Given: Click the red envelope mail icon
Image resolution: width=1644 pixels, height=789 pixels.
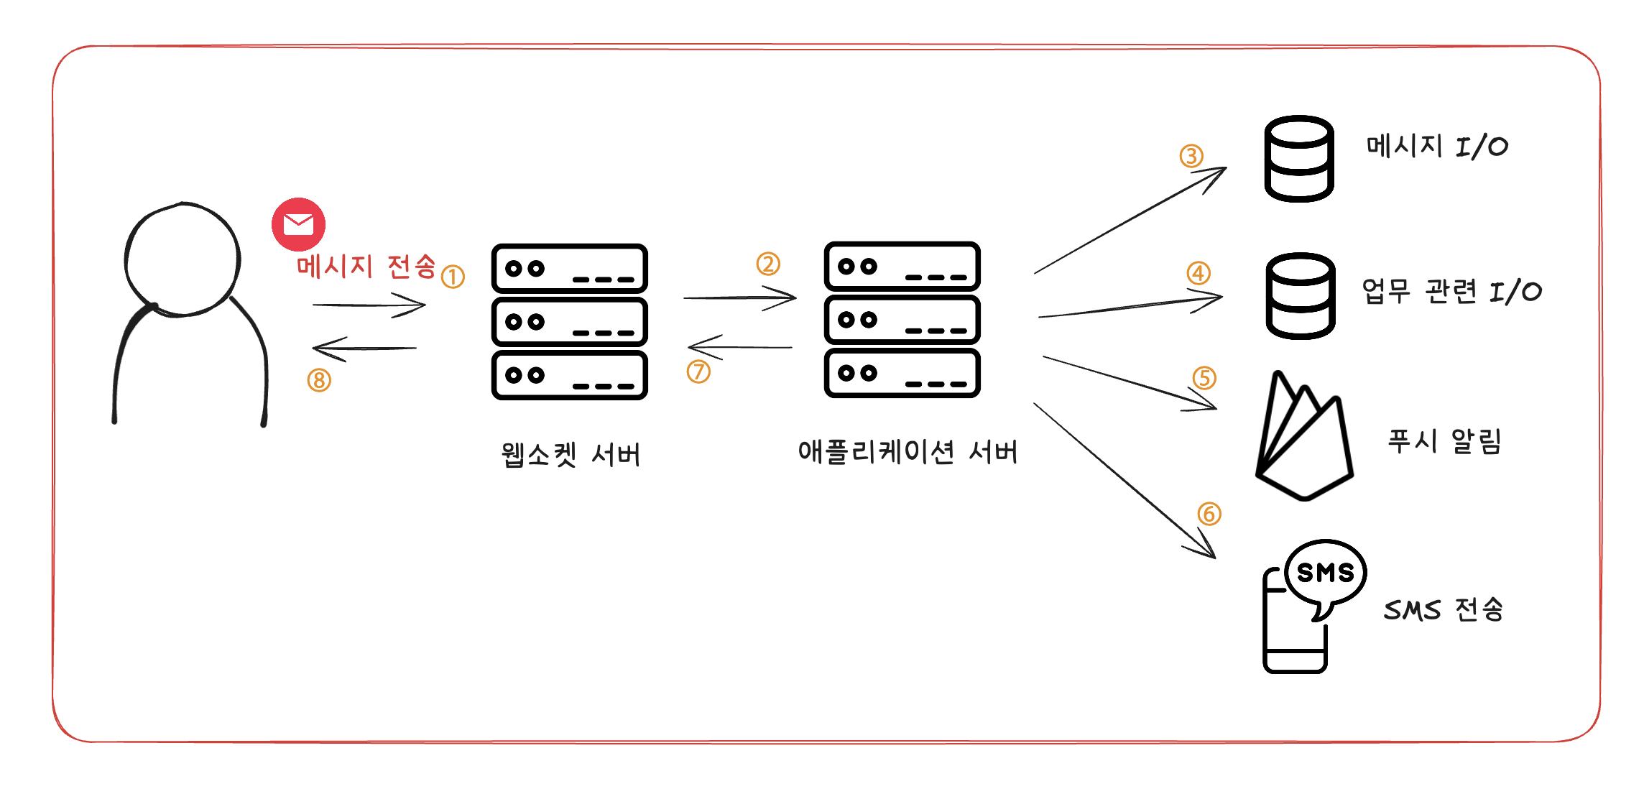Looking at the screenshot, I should (298, 224).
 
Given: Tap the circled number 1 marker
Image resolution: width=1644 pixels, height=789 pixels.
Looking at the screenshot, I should (453, 277).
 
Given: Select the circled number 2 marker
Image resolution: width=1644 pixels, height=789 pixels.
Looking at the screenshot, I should (768, 264).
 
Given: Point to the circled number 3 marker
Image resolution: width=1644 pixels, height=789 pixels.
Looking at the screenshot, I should (1191, 156).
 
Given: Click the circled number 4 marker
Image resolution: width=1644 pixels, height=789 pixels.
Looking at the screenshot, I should (1199, 273).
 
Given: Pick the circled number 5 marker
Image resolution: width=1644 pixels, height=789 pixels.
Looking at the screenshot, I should (1204, 378).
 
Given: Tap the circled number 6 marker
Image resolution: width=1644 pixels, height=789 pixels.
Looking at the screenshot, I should (1209, 514).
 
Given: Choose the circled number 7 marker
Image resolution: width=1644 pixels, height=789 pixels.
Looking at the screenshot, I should (698, 372).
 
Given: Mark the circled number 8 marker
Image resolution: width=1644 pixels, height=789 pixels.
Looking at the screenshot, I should (319, 380).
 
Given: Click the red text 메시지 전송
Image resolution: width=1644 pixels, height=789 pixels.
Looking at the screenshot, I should (366, 267).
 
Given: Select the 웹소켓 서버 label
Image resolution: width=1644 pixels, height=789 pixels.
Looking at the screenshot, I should (570, 455).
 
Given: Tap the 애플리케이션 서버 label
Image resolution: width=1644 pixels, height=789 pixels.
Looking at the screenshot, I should (908, 452).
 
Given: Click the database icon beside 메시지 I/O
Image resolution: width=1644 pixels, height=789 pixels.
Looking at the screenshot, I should (1299, 159).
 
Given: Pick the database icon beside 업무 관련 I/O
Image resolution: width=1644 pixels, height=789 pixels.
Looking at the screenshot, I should (1301, 295).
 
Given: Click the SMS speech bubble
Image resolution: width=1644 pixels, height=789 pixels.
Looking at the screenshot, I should (1325, 573).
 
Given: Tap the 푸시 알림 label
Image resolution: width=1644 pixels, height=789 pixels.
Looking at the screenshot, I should (1444, 440).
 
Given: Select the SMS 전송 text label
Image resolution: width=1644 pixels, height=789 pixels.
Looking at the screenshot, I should (1443, 609).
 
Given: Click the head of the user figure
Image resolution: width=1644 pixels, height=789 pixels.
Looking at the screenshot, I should (183, 259).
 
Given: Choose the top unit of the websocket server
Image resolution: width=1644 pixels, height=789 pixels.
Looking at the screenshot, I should (569, 269).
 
